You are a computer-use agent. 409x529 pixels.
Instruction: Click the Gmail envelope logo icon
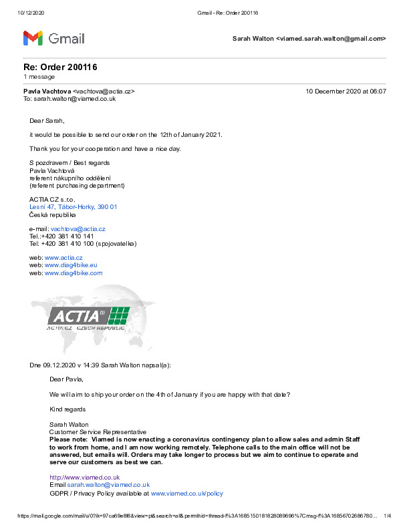click(33, 38)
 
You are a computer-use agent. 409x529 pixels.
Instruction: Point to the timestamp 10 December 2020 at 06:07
click(346, 91)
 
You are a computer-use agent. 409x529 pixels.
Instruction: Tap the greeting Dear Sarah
click(47, 121)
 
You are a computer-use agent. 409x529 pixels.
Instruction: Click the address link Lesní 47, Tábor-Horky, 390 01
click(73, 207)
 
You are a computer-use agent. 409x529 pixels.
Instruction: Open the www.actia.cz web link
click(63, 258)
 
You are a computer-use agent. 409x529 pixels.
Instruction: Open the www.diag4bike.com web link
click(74, 273)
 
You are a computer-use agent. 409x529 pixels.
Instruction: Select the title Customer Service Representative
click(98, 432)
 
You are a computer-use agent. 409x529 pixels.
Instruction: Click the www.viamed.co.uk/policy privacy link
click(187, 494)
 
